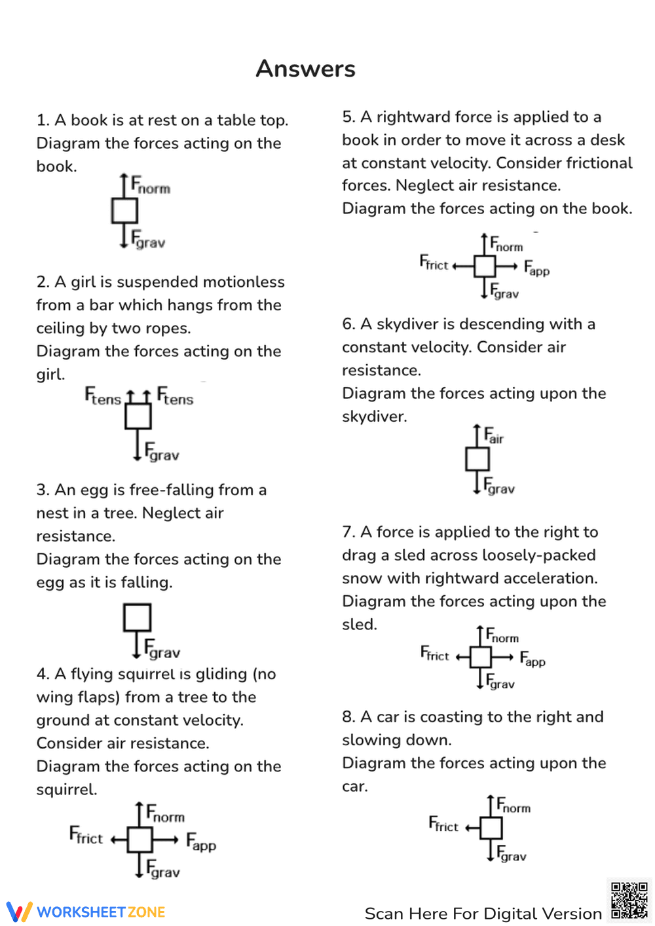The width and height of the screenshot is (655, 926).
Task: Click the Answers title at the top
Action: (305, 69)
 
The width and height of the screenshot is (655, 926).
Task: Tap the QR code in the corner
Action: (629, 900)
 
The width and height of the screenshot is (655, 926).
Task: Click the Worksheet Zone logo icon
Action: (19, 912)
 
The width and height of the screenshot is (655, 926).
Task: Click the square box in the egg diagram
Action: (137, 618)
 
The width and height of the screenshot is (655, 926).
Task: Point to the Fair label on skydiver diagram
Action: (494, 435)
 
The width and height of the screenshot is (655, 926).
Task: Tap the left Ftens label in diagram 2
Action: (103, 396)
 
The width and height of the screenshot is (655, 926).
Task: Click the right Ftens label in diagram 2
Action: (175, 396)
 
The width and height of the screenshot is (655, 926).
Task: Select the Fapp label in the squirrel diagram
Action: (201, 842)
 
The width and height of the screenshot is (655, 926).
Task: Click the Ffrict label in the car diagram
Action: (443, 824)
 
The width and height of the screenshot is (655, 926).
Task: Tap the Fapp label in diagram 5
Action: (536, 268)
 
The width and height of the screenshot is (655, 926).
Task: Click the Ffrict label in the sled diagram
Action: (435, 654)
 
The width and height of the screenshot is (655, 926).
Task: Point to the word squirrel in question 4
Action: (65, 789)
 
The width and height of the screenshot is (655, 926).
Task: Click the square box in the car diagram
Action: (491, 828)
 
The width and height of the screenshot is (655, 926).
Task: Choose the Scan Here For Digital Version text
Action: (483, 914)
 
